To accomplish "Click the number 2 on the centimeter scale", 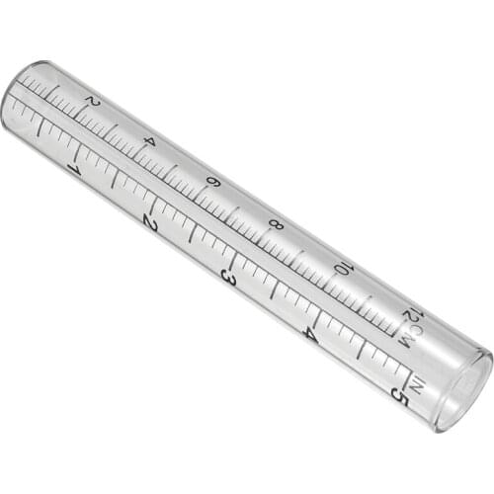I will click(92, 102).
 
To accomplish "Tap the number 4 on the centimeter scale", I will click(149, 141).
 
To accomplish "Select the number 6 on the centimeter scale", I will click(211, 182).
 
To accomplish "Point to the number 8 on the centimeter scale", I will click(276, 224).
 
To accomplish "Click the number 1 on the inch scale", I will click(73, 169).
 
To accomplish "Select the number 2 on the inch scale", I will click(149, 222).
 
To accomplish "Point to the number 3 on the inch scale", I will click(227, 278).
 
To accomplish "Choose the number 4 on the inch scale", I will click(309, 334).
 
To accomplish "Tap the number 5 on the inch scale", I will click(397, 394).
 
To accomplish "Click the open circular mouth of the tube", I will click(461, 390).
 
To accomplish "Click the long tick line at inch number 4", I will click(318, 313).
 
